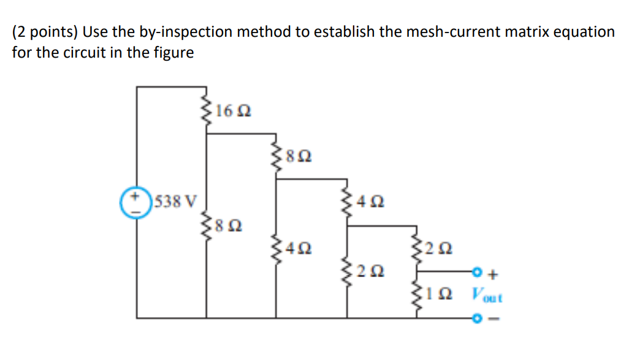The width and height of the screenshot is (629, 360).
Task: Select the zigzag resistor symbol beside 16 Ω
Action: [x=206, y=110]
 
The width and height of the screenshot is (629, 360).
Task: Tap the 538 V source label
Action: [x=176, y=201]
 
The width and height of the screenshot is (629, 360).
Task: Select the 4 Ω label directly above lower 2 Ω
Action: [x=372, y=201]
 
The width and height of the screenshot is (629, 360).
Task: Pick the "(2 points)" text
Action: [x=45, y=32]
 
